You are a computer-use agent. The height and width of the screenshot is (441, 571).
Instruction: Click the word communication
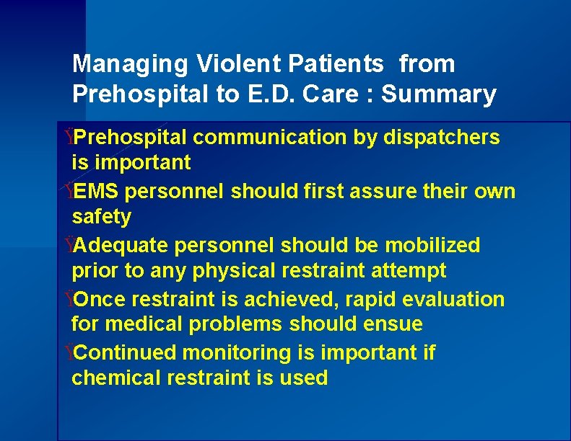coord(271,137)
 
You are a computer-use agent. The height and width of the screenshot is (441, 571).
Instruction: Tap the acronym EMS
coord(97,191)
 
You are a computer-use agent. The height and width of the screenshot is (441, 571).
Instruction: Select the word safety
coord(101,217)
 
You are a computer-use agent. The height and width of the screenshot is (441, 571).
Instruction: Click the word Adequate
coord(120,246)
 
